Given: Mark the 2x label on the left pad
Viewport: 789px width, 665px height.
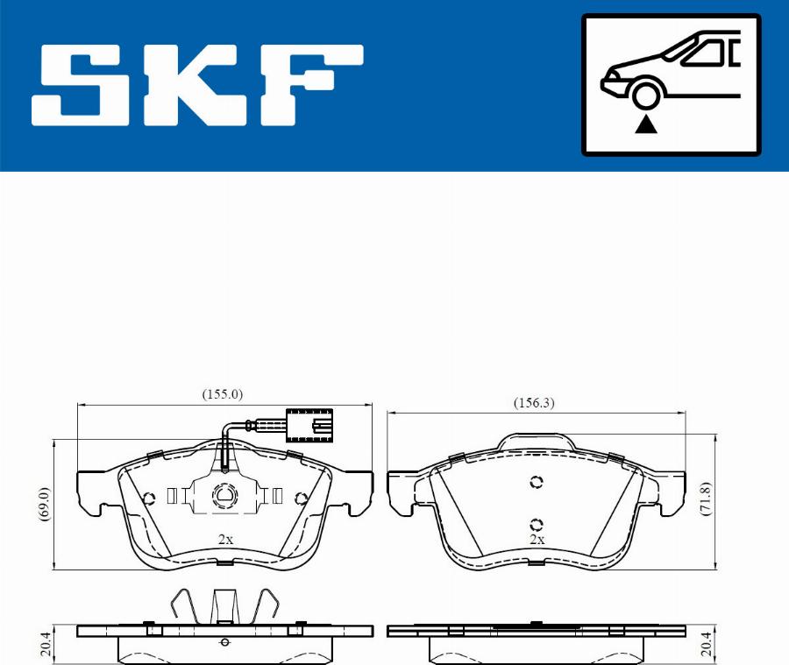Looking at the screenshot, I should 225,540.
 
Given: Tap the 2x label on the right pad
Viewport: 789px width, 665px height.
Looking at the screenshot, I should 537,540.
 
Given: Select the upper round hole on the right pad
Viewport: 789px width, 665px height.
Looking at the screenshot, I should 537,482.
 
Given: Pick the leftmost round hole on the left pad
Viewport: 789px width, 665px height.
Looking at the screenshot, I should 148,499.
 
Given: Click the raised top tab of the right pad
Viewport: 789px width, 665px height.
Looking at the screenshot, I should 536,442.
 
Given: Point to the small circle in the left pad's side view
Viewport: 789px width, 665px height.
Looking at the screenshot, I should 225,643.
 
